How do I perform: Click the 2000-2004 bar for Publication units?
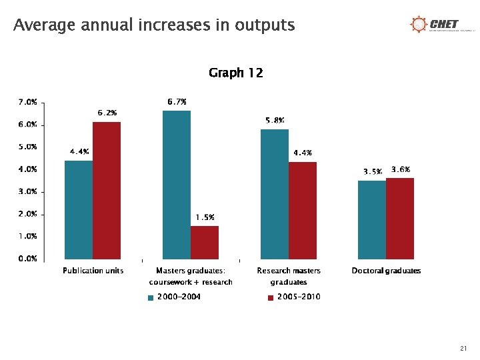pyautogui.click(x=79, y=209)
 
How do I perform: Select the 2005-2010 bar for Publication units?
pyautogui.click(x=107, y=190)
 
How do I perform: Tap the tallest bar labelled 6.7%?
pyautogui.click(x=177, y=185)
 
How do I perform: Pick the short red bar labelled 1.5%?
pyautogui.click(x=205, y=242)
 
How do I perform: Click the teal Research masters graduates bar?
pyautogui.click(x=274, y=194)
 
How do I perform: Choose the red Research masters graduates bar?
pyautogui.click(x=303, y=210)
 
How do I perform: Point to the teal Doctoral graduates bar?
pyautogui.click(x=371, y=219)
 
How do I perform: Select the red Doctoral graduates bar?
pyautogui.click(x=400, y=218)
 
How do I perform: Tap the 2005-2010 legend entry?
pyautogui.click(x=294, y=297)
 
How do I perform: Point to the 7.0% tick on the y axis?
pyautogui.click(x=27, y=103)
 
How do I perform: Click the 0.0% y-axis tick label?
pyautogui.click(x=27, y=259)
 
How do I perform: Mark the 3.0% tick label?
pyautogui.click(x=27, y=192)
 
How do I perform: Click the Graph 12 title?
pyautogui.click(x=235, y=73)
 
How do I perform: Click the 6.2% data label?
pyautogui.click(x=107, y=113)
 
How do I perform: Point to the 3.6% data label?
pyautogui.click(x=401, y=170)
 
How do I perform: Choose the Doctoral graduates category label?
pyautogui.click(x=386, y=271)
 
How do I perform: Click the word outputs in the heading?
pyautogui.click(x=264, y=25)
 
